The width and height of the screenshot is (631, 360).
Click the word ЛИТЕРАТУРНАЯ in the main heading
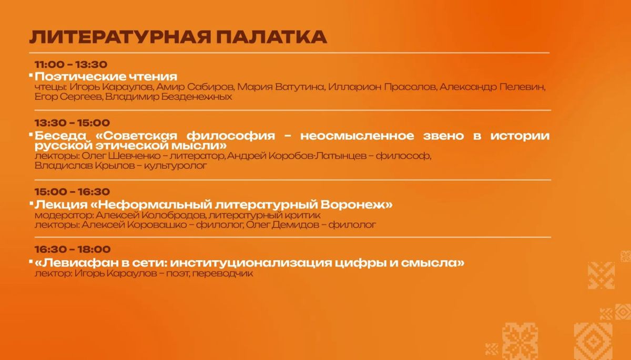[120, 37]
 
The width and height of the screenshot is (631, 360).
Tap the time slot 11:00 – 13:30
[71, 65]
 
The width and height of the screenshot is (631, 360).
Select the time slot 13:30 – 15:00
[72, 123]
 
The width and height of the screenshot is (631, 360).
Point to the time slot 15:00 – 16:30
[72, 192]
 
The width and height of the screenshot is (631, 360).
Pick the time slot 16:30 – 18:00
[73, 249]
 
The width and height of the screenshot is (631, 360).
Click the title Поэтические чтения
[106, 77]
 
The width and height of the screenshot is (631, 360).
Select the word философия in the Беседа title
[231, 136]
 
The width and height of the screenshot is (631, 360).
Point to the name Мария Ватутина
[281, 87]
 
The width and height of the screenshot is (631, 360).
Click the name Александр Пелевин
[492, 87]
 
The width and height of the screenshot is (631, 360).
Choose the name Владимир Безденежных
[168, 97]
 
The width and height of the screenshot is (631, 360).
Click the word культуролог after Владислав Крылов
[175, 166]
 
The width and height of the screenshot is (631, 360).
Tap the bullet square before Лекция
[31, 203]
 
